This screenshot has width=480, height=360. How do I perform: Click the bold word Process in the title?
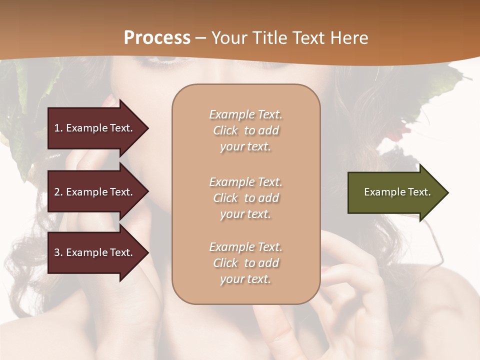click(x=157, y=38)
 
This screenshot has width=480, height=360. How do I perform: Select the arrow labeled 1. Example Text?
click(x=95, y=128)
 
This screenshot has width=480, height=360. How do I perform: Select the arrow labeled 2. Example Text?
click(x=95, y=192)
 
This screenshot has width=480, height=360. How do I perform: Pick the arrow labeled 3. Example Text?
click(x=95, y=252)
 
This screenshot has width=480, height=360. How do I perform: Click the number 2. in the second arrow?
click(x=58, y=192)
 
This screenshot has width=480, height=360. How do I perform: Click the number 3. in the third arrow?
click(x=58, y=252)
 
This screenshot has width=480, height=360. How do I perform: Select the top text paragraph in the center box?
click(x=245, y=130)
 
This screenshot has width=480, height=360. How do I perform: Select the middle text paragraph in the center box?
click(x=245, y=198)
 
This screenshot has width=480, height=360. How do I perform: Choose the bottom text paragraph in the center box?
click(x=245, y=263)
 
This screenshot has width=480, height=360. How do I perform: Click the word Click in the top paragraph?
click(x=225, y=130)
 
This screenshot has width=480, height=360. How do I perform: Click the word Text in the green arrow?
click(x=419, y=192)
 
